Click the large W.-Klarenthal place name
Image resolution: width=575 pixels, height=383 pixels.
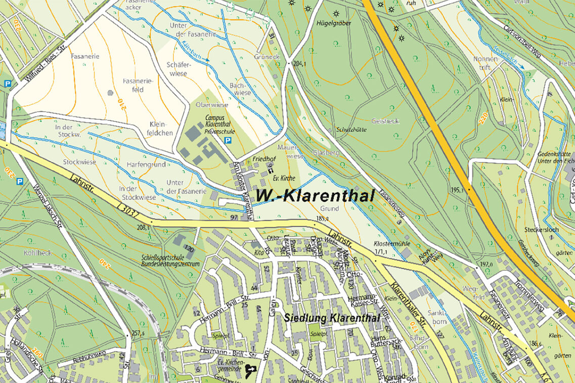tap(315, 196)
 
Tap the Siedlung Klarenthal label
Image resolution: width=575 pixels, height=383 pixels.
tap(331, 318)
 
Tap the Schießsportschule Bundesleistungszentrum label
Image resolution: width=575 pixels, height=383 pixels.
tap(170, 260)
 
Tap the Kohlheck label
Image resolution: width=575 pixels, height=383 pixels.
tap(37, 253)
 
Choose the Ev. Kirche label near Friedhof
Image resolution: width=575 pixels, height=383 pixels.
tap(283, 179)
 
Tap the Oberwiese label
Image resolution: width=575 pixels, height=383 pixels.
tap(212, 105)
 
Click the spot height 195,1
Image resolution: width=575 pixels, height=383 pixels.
tap(456, 190)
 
